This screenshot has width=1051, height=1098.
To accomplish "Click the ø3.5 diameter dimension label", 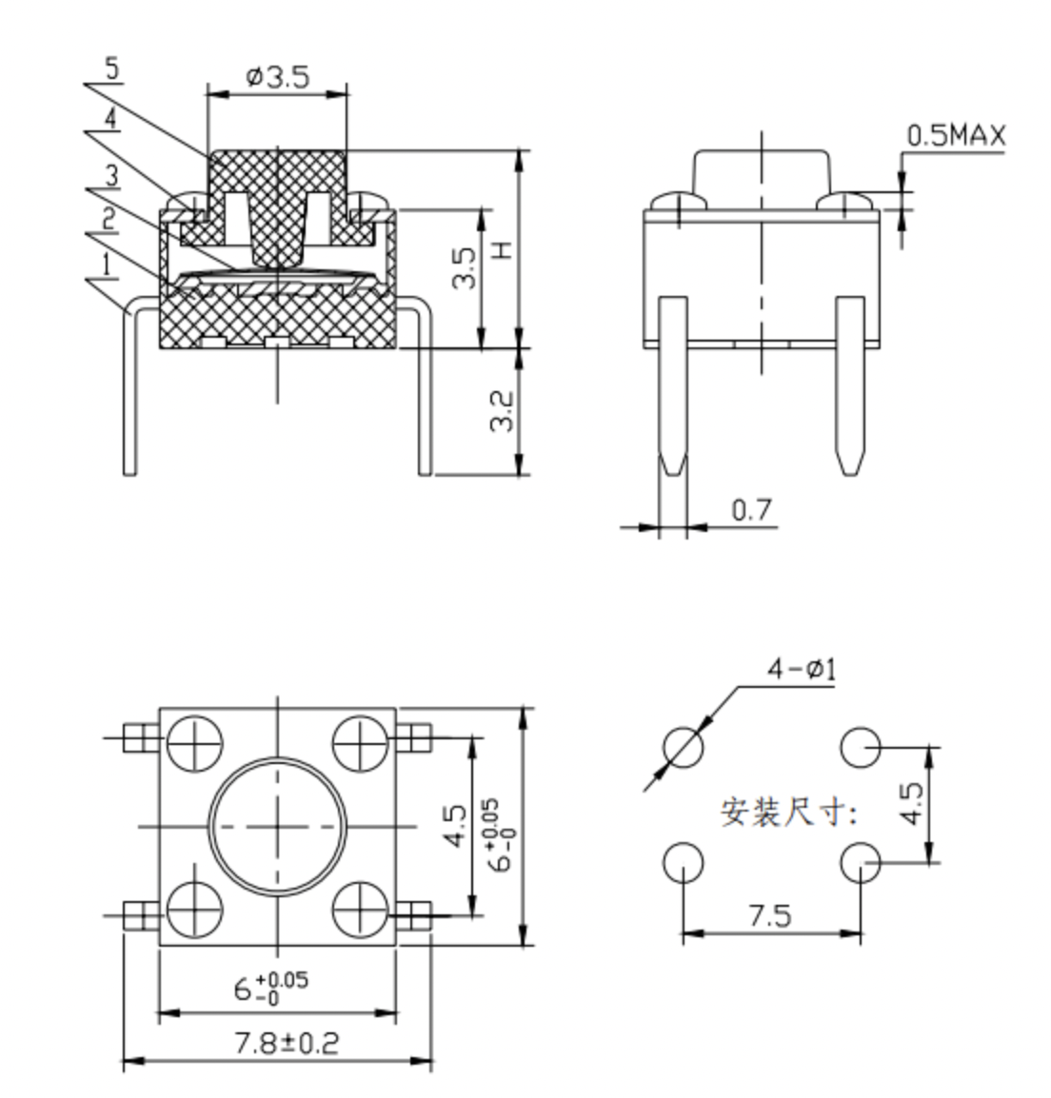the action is [x=277, y=76].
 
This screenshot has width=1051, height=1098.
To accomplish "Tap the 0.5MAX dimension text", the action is [x=956, y=135].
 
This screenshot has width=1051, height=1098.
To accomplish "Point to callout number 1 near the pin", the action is [x=107, y=265].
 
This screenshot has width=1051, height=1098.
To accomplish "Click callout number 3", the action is [x=112, y=175].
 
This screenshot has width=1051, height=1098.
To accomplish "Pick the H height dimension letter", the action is [x=503, y=249].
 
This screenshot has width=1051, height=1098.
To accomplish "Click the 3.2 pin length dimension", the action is [x=502, y=411].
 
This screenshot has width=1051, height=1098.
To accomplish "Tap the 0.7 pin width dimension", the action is [x=751, y=510].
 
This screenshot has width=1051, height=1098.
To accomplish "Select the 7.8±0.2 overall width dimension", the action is [x=287, y=1044].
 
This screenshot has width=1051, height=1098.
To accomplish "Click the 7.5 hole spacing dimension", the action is [x=770, y=915].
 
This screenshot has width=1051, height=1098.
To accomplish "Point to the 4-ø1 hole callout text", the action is [x=802, y=670].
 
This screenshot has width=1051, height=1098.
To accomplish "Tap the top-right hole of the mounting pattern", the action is [x=860, y=747].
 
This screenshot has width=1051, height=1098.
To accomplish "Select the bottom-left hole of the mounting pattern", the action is [x=683, y=862].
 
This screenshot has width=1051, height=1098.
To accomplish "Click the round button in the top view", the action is [x=277, y=826].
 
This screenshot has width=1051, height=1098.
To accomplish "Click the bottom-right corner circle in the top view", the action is [x=360, y=909].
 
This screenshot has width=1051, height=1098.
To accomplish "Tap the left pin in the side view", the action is [x=673, y=386].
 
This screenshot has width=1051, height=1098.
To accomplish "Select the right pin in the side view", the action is [x=850, y=386].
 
